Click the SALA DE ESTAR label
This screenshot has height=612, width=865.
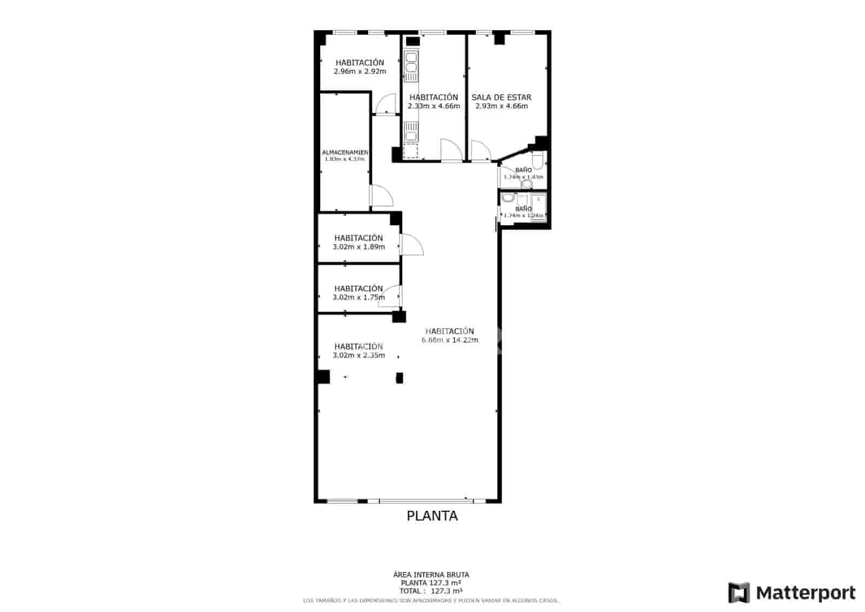point(501,97)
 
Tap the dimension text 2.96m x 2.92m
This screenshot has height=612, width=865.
point(360,71)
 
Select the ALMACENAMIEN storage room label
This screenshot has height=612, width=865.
point(345,153)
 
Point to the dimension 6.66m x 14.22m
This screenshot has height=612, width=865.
point(450,340)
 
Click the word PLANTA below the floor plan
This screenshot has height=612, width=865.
point(432,516)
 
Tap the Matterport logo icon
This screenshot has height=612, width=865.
point(738,593)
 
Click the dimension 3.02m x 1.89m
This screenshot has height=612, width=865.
point(358,247)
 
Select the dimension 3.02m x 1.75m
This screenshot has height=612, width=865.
point(358,297)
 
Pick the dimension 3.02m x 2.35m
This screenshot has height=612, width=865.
point(358,356)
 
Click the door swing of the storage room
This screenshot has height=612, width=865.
point(381,196)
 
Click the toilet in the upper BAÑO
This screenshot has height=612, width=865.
point(537,161)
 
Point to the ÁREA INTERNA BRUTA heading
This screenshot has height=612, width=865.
point(431,575)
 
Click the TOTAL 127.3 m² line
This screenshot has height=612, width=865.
point(431,591)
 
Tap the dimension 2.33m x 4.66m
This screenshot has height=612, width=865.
point(434,106)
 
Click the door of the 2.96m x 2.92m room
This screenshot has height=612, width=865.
point(386,104)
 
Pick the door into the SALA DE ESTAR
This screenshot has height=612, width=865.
point(480,150)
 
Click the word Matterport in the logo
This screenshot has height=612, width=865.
point(806,593)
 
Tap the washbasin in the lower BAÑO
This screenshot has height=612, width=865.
point(507,198)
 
